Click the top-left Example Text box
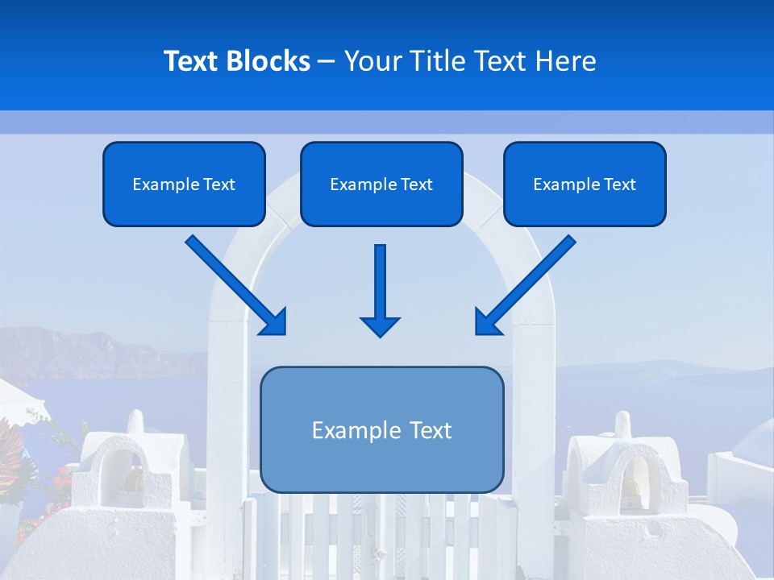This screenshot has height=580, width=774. (184, 184)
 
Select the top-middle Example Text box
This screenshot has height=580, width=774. (381, 184)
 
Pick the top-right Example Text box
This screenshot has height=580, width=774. (585, 184)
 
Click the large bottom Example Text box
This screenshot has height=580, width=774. (381, 429)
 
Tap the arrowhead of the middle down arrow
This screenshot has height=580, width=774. (380, 326)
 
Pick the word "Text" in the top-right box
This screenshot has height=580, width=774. (619, 184)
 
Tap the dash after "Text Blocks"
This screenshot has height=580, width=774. (327, 61)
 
